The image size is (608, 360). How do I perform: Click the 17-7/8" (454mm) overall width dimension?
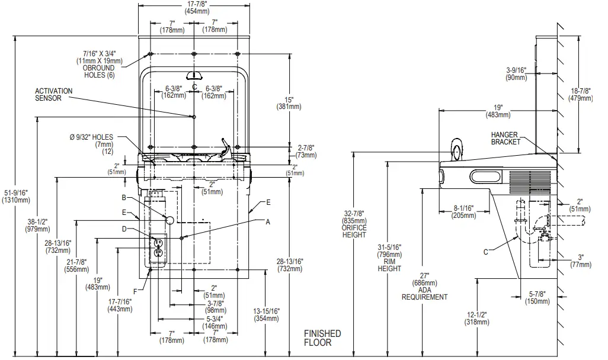point(194,8)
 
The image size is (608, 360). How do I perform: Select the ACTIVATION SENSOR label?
point(53,95)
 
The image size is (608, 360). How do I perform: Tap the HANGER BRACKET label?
point(505,138)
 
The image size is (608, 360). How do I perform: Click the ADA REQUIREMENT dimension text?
point(424,287)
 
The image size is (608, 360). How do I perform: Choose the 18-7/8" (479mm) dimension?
point(581,95)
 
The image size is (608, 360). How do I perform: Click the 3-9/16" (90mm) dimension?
point(517,73)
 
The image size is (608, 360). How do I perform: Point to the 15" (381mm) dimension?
point(289,103)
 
